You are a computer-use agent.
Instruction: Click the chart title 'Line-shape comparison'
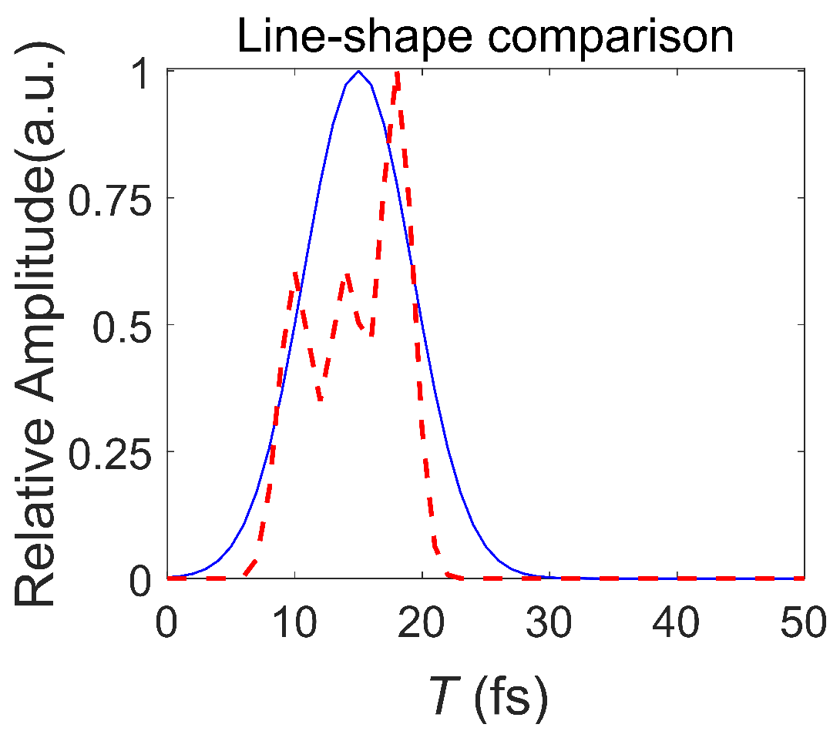click(x=486, y=36)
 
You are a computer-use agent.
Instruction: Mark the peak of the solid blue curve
click(x=358, y=71)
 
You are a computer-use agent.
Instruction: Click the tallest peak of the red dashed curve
click(x=397, y=73)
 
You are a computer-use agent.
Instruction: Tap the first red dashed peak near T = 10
click(x=295, y=273)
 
